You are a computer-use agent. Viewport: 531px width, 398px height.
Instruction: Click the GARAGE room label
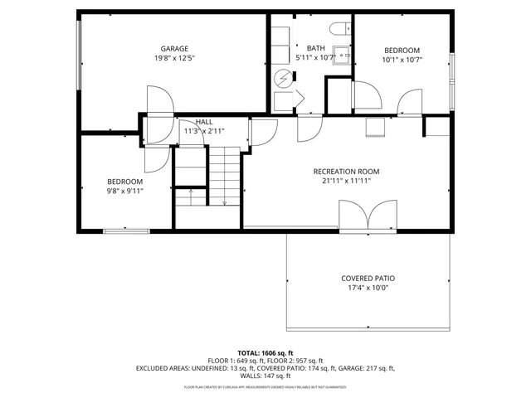[x=174, y=49]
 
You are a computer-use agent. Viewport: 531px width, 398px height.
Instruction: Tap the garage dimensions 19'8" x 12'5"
[x=174, y=59]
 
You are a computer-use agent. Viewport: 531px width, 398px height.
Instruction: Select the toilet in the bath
[x=341, y=29]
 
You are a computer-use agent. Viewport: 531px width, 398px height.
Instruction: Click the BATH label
[x=315, y=49]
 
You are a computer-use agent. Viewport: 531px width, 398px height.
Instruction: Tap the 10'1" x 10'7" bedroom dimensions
[x=402, y=60]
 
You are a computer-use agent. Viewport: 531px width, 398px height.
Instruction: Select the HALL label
[x=203, y=122]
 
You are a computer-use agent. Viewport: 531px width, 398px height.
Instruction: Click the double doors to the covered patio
[x=368, y=217]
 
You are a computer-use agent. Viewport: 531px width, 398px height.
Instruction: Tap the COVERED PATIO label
[x=368, y=279]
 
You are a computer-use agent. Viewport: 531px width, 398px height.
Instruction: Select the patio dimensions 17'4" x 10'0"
[x=368, y=289]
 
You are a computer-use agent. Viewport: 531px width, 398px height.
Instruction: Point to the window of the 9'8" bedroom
[x=126, y=231]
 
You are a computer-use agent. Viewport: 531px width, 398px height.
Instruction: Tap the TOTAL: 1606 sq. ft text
[x=265, y=352]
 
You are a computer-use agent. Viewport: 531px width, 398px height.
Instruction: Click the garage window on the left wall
[x=80, y=55]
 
